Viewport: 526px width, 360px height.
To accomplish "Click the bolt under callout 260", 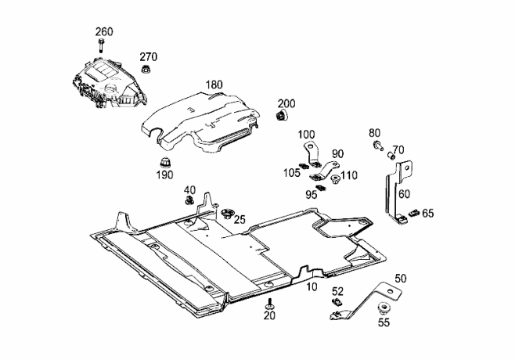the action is point(101,45).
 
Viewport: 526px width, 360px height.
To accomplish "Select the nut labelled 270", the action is point(146,69).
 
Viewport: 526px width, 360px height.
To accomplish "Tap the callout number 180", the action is point(214,85).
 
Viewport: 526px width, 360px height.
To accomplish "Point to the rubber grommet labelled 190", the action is point(164,163).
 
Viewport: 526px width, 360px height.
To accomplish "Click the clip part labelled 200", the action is point(282,115).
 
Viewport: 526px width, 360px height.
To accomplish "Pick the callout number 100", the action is point(306,135).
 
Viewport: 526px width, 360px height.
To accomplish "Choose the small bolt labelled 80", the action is point(378,146).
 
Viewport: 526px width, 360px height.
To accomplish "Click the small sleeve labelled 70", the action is point(391,155).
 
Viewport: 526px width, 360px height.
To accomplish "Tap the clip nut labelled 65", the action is point(413,212).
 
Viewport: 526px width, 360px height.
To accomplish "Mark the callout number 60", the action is point(404,194).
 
